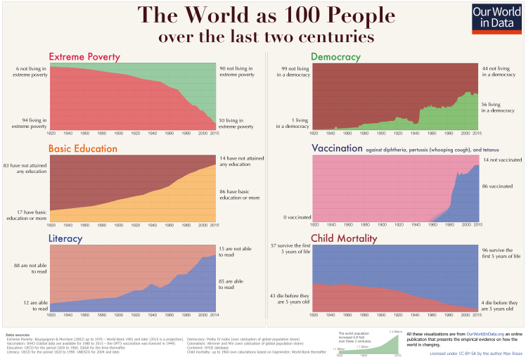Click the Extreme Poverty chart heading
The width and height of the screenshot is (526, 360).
[x=84, y=57]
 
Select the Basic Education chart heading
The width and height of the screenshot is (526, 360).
[x=85, y=149]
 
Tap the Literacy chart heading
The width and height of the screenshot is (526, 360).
[x=65, y=238]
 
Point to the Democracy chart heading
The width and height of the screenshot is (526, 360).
[x=335, y=56]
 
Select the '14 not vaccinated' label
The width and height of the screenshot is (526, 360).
[x=501, y=160]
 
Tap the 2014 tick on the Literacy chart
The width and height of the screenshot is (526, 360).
[x=214, y=314]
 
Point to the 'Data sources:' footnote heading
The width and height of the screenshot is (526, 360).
[x=18, y=335]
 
